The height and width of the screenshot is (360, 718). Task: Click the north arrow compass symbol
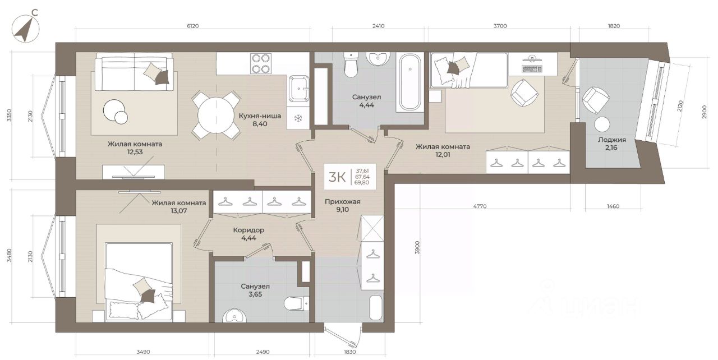tap(25, 29)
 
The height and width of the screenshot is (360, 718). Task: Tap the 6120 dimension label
tap(192, 26)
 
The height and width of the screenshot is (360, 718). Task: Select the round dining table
tap(216, 116)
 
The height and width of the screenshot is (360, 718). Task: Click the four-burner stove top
tap(261, 63)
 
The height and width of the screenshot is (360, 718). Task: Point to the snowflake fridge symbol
tap(298, 118)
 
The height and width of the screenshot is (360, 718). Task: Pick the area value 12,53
tap(135, 152)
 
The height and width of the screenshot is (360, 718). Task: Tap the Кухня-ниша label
tap(260, 116)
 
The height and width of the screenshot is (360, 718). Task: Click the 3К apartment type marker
tap(337, 177)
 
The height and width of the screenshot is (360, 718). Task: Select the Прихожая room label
tap(342, 202)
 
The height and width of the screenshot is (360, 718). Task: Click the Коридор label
tap(248, 230)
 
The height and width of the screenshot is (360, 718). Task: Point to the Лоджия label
tap(611, 140)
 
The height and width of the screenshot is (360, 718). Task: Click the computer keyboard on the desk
tap(531, 68)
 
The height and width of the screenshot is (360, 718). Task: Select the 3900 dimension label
tap(417, 248)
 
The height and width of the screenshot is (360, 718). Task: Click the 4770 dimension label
tap(480, 206)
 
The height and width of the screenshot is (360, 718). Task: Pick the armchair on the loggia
tap(596, 100)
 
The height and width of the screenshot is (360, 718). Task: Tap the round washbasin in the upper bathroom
tap(378, 58)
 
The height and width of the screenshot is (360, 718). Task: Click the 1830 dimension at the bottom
tap(349, 352)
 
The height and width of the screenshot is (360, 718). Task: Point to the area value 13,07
tap(179, 211)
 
